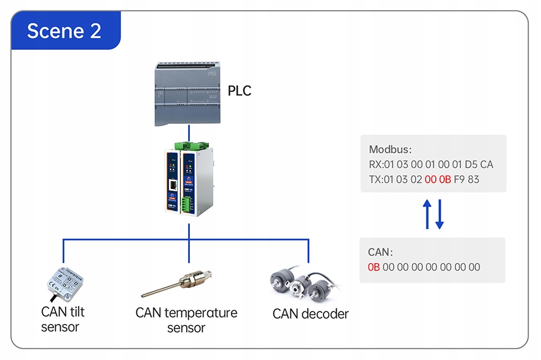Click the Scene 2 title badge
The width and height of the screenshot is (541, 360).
click(66, 30)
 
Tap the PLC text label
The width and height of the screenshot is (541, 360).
click(239, 91)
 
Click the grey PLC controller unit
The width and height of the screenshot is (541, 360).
click(188, 94)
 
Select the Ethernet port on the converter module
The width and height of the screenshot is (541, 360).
click(173, 185)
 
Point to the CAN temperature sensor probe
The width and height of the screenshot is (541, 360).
click(177, 284)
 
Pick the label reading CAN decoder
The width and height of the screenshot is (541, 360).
click(310, 314)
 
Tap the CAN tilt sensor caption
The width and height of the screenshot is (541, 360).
click(63, 319)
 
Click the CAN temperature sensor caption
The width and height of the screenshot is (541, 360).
click(186, 320)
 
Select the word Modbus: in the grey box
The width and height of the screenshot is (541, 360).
click(390, 149)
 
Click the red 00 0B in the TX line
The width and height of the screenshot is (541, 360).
click(438, 179)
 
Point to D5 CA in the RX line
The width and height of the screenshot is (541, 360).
click(479, 165)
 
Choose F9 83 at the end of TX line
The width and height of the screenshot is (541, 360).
click(466, 179)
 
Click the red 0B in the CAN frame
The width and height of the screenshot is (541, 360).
click(374, 267)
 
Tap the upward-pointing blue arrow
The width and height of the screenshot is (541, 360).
click(427, 214)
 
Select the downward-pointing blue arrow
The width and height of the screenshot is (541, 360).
click(439, 214)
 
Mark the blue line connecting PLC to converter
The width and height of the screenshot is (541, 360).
click(189, 133)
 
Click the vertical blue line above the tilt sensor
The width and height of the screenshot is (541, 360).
click(64, 251)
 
